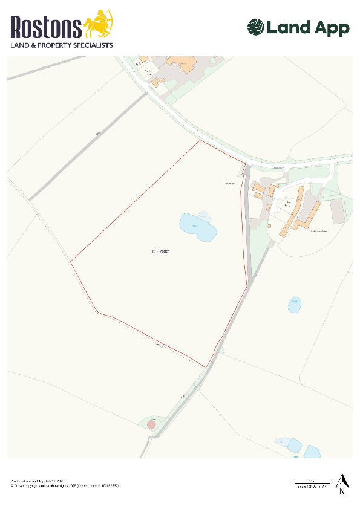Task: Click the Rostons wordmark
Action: (46, 28)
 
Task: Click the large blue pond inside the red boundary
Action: (198, 227)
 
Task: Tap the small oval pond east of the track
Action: (294, 305)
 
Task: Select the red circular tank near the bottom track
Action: (151, 424)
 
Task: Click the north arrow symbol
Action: (342, 482)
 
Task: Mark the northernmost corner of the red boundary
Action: (200, 141)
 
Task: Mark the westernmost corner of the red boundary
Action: (71, 262)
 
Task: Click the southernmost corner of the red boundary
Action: (206, 367)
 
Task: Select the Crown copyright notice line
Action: (64, 486)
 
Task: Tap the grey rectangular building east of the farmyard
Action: (338, 209)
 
